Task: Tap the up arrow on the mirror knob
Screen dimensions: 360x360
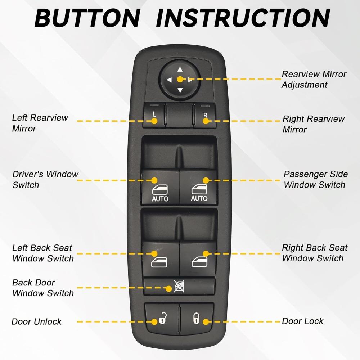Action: pos(180,70)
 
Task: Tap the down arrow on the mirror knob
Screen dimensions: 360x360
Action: pos(180,90)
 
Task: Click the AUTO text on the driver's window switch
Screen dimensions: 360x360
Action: pos(160,199)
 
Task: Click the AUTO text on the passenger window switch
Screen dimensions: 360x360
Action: pos(199,198)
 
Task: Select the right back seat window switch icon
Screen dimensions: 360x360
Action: pos(199,262)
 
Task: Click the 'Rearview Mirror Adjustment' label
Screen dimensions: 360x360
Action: pos(314,80)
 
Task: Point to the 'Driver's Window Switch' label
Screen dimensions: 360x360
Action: pos(45,180)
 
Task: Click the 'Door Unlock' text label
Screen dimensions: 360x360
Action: pos(36,321)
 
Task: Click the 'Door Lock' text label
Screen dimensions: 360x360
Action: pos(302,321)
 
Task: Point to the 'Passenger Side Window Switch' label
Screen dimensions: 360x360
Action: pos(315,180)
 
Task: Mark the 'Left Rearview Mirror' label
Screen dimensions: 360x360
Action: pos(40,123)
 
